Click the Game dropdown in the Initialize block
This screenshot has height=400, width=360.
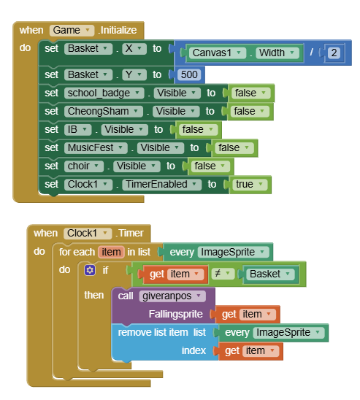coord(72,31)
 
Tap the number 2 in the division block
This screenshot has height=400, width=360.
coord(334,53)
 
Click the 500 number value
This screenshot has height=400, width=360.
coord(189,74)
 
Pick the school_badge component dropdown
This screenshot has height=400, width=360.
coord(104,93)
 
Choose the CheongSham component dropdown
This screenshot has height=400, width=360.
coord(104,112)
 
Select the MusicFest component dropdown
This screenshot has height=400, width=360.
coord(96,148)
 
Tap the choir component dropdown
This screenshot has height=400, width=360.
coord(84,166)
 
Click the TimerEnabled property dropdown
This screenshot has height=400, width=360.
coord(162,185)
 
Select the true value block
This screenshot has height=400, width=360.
coord(250,185)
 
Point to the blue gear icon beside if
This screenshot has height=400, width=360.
coord(90,270)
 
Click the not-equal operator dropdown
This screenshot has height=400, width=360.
coord(223,274)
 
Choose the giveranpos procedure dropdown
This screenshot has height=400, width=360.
coord(172,296)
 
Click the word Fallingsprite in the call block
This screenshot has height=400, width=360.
coord(175,315)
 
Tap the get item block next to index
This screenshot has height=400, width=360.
coord(250,351)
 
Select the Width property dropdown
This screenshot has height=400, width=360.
coord(277,53)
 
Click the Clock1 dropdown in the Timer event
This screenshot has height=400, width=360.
coord(88,234)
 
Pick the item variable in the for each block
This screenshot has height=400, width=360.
coord(111,252)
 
